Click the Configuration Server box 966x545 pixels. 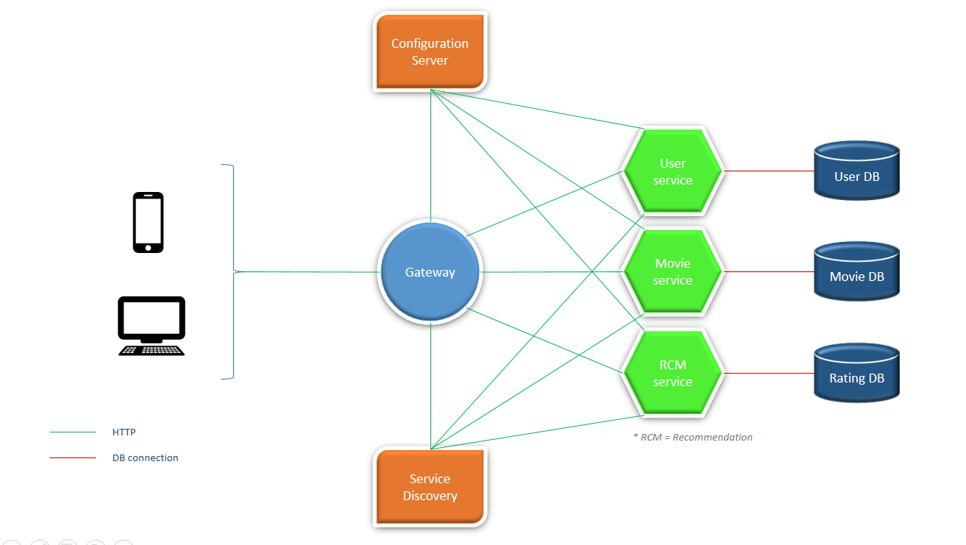coord(430,52)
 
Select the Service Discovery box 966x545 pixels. coord(430,487)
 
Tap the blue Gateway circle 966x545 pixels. coord(430,272)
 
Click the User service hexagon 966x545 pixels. coord(672,171)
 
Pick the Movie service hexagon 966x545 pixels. coord(672,271)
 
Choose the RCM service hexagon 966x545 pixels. coord(672,373)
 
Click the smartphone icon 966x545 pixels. coord(148,222)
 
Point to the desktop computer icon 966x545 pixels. coord(152,326)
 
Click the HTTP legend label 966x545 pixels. coord(124,432)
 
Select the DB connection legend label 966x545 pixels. coord(145,457)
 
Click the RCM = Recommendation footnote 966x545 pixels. coord(692,437)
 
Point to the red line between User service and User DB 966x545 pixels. coord(769,171)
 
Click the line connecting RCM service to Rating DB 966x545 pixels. coord(769,373)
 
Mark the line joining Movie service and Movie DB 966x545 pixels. coord(769,271)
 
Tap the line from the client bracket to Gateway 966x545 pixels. coord(309,271)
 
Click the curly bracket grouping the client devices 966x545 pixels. coord(232,271)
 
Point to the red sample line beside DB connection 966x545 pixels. coord(73,457)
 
